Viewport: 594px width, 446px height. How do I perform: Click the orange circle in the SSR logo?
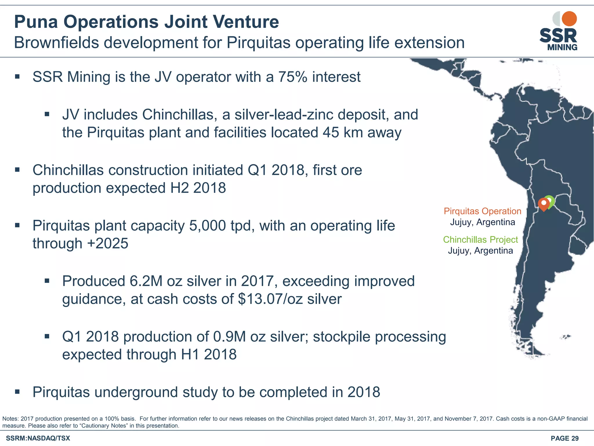click(569, 19)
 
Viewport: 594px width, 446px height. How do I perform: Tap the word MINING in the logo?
click(562, 47)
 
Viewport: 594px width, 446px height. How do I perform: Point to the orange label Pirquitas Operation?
click(482, 211)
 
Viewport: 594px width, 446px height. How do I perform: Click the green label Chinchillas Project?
click(480, 240)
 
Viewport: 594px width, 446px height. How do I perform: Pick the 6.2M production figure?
click(146, 281)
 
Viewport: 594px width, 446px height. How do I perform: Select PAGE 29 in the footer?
click(564, 438)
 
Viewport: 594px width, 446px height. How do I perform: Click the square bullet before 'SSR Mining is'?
click(17, 77)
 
